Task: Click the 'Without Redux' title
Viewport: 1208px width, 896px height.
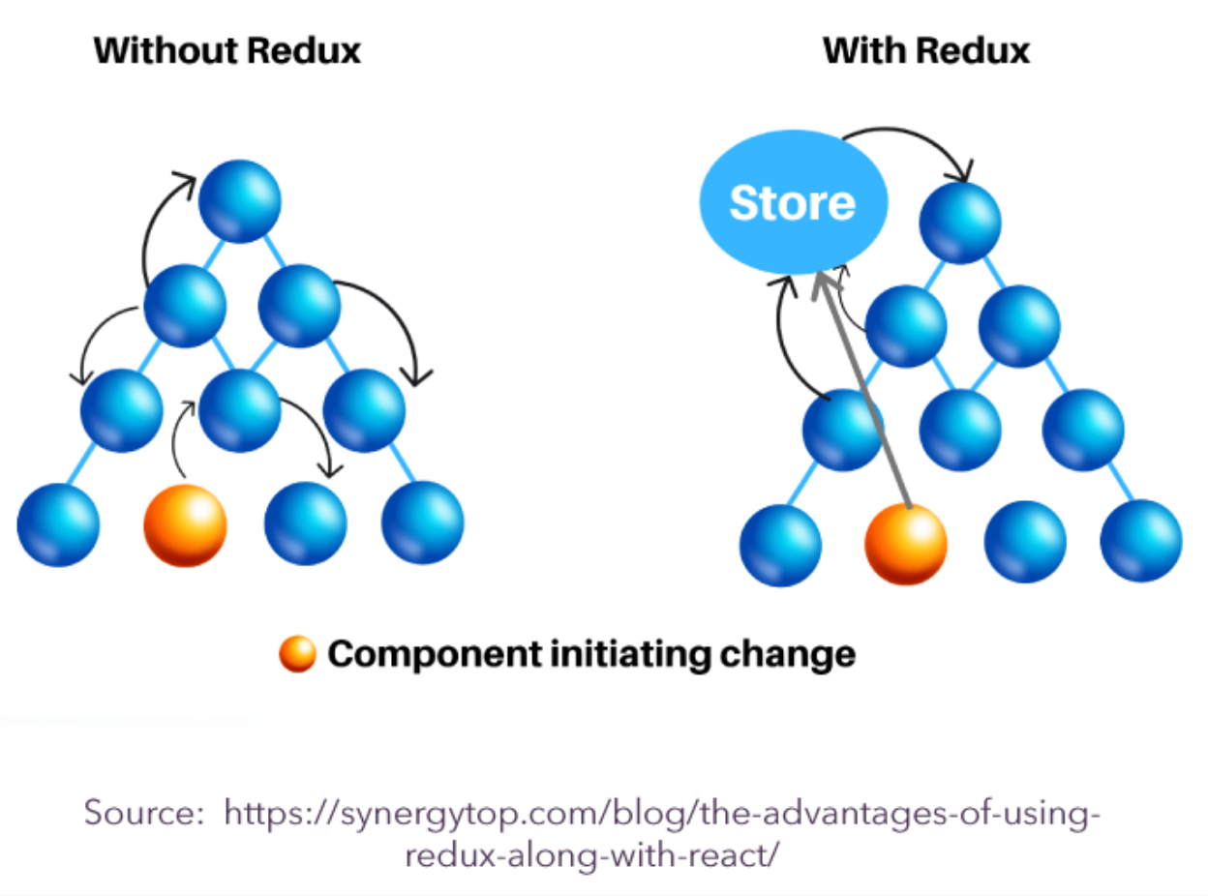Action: [227, 50]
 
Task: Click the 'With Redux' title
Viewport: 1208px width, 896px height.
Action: [926, 50]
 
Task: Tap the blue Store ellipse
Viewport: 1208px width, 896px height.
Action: [793, 204]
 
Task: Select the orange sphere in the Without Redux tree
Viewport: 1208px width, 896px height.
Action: [185, 525]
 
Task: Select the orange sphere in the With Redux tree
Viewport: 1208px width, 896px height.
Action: [906, 544]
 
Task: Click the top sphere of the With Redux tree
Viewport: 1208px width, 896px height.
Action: [960, 223]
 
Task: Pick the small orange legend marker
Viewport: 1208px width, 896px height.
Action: [297, 655]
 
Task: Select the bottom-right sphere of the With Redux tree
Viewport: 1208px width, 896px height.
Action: [1140, 541]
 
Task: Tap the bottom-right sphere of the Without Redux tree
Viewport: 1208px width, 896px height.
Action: [422, 523]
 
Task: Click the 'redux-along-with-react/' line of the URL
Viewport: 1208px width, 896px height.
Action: [591, 856]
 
